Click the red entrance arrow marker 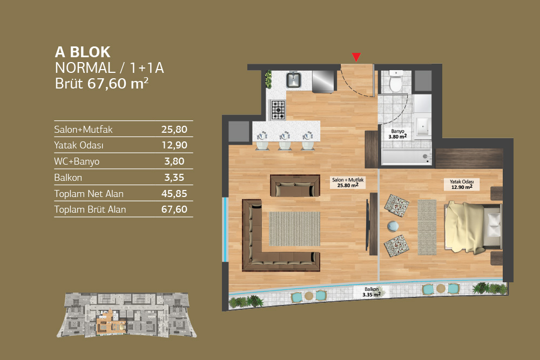click(356, 57)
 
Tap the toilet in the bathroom click(396, 81)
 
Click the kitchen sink click(294, 79)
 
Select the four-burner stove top click(278, 110)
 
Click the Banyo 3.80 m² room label click(397, 134)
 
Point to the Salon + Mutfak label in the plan click(348, 182)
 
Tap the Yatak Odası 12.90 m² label click(462, 185)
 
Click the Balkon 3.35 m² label click(372, 292)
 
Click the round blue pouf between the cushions click(393, 226)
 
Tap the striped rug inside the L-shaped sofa click(294, 229)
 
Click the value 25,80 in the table click(174, 130)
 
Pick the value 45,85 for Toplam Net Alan click(174, 194)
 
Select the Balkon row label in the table click(68, 178)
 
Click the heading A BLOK click(83, 52)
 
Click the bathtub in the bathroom click(407, 157)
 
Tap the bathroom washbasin click(423, 126)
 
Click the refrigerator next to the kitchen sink click(323, 81)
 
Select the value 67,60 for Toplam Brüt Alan click(174, 209)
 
